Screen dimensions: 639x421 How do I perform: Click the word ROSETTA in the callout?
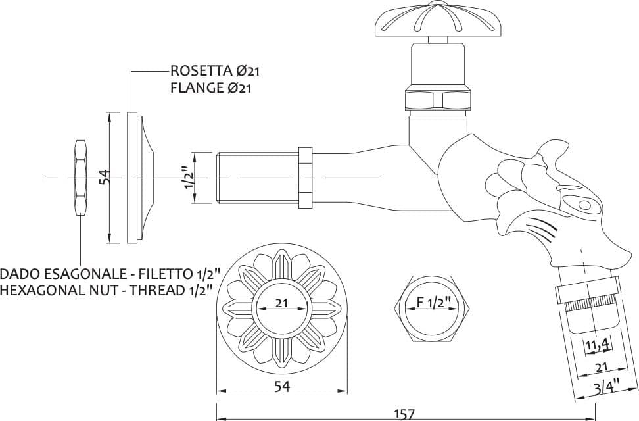coord(201,70)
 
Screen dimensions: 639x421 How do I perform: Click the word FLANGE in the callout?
coord(198,87)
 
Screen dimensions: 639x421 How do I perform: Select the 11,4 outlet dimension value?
coord(598,345)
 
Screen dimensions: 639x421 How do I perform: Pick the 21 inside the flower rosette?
coord(281,303)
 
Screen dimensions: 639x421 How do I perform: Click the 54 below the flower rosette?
coord(281,386)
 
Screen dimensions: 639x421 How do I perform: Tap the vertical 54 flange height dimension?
coord(106,177)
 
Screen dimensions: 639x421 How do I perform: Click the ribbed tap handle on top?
coord(438,20)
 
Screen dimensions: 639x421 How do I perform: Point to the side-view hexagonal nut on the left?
coord(80,177)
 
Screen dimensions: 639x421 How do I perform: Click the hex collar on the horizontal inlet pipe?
coord(306,178)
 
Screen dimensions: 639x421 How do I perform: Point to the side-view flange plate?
coord(140,178)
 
